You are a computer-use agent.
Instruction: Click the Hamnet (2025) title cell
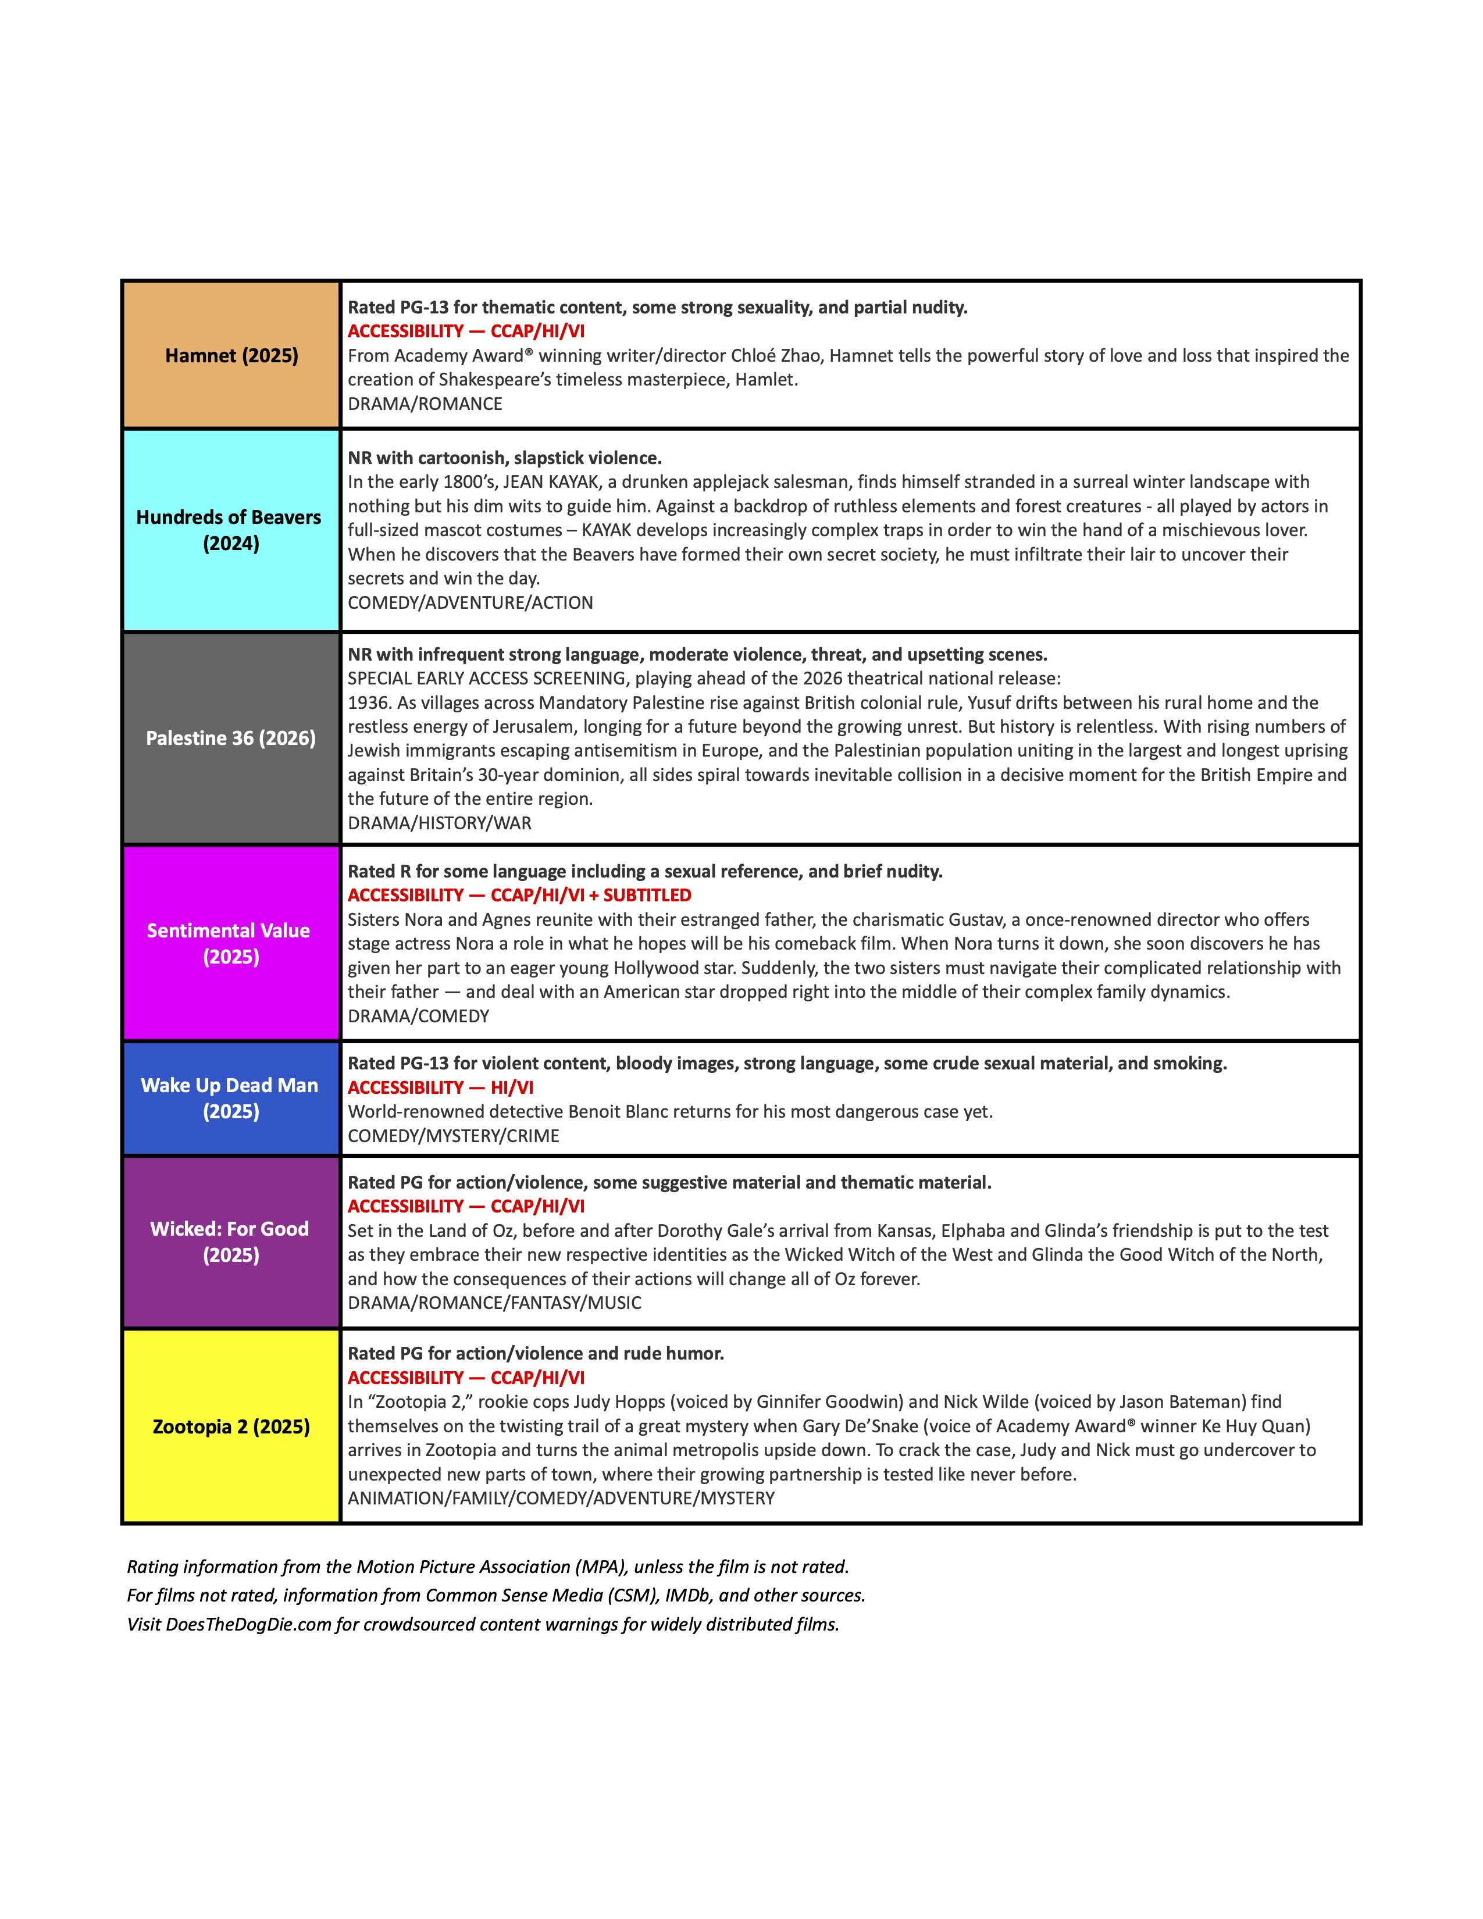[x=231, y=355]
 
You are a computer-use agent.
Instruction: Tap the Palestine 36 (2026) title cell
[x=230, y=738]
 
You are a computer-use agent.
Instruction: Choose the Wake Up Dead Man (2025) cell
[x=230, y=1098]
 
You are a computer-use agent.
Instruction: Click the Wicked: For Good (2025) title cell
[x=230, y=1242]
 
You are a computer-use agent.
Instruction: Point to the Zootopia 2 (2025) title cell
[x=231, y=1426]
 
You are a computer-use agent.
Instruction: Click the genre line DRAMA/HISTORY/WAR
[x=439, y=823]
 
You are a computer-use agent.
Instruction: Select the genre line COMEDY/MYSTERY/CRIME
[x=454, y=1136]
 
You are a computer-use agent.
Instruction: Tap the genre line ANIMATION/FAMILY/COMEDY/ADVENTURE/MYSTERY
[x=561, y=1498]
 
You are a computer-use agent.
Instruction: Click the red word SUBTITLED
[x=647, y=896]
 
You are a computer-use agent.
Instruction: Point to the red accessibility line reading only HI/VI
[x=440, y=1088]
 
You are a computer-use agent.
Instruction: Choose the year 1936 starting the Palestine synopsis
[x=367, y=703]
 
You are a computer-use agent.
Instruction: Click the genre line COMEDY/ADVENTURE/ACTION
[x=470, y=603]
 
